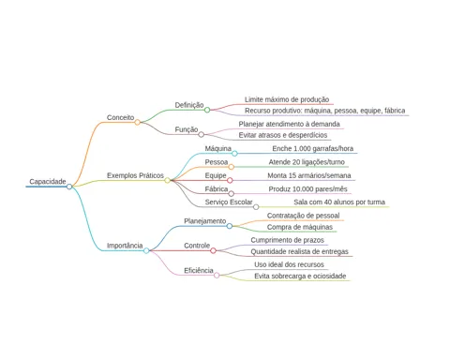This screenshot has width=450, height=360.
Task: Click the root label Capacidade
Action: click(x=48, y=182)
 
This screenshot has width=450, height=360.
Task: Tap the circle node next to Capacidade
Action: click(x=69, y=187)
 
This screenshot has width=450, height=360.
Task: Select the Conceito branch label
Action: click(x=120, y=117)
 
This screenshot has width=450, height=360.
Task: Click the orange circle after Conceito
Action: click(x=137, y=122)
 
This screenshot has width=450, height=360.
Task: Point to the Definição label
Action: click(x=189, y=105)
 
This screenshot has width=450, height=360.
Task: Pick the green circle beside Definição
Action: click(x=207, y=110)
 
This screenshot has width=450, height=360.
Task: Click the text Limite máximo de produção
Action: click(x=287, y=99)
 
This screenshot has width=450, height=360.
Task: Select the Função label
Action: click(x=187, y=129)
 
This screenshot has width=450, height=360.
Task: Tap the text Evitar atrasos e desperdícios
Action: click(x=283, y=135)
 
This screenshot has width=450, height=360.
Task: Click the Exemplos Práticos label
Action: click(x=135, y=175)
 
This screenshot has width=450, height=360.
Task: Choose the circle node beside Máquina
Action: click(x=234, y=153)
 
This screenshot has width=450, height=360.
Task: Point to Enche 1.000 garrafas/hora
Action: click(x=313, y=148)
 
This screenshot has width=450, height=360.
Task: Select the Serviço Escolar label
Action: click(x=229, y=202)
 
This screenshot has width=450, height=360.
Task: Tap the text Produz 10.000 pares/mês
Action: click(x=307, y=189)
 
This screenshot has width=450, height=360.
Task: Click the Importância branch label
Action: click(x=125, y=246)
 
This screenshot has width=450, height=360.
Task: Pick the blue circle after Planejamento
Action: click(x=230, y=226)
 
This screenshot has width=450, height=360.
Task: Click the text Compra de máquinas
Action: click(x=300, y=227)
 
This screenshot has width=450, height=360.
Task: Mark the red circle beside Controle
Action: click(x=213, y=250)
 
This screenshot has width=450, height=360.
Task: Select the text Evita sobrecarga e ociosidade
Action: click(x=300, y=276)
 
